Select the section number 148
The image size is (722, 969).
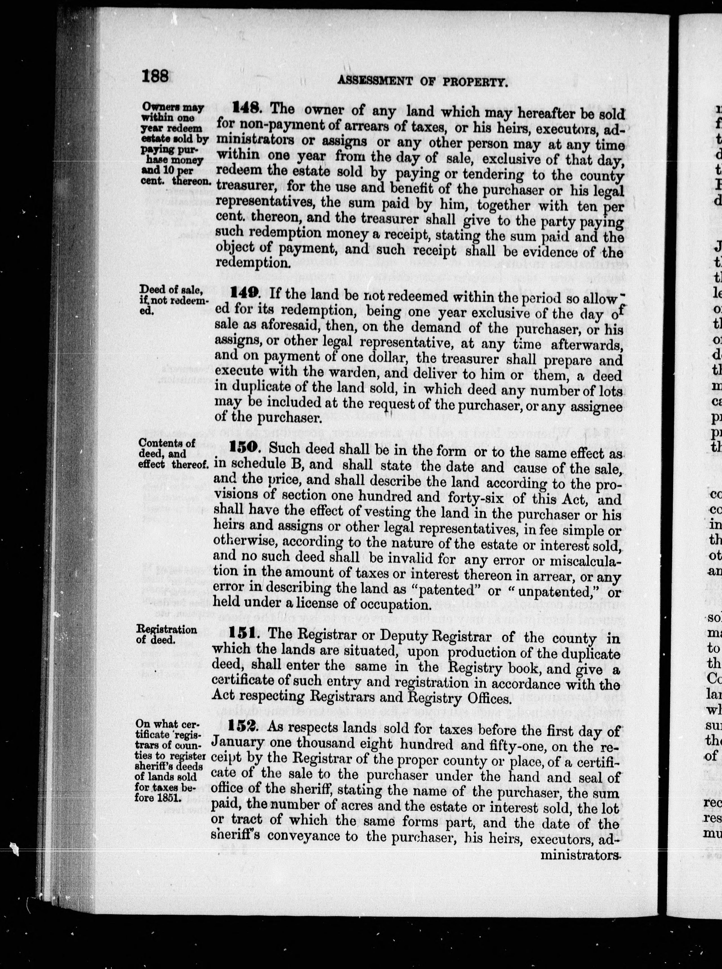247,108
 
